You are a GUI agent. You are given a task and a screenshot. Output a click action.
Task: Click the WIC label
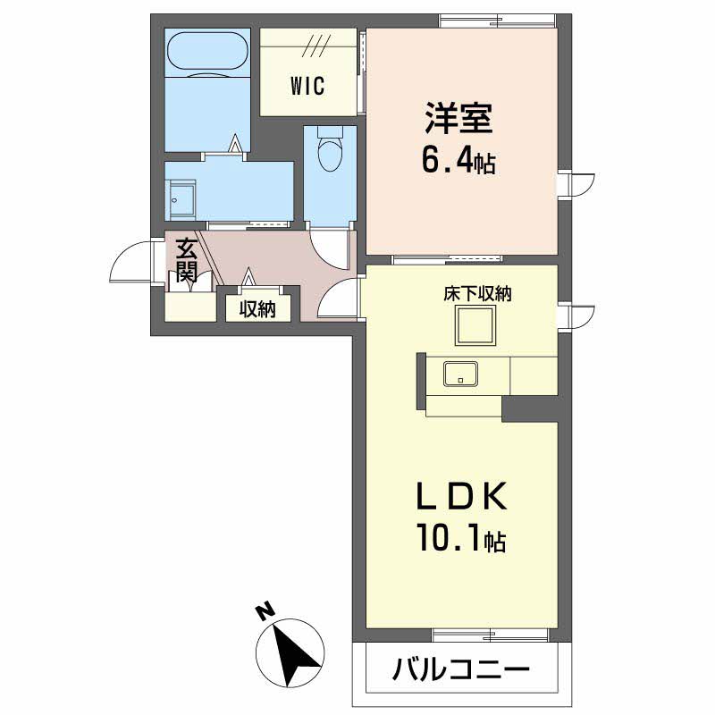(307, 87)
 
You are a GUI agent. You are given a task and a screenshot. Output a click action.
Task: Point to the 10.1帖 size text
(460, 538)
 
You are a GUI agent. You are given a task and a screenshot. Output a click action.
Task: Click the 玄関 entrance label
(186, 259)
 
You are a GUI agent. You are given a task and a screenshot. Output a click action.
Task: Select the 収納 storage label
(257, 309)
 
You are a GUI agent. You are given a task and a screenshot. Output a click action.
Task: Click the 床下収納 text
(477, 294)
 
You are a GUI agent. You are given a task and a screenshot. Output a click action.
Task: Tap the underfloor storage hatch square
(478, 326)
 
